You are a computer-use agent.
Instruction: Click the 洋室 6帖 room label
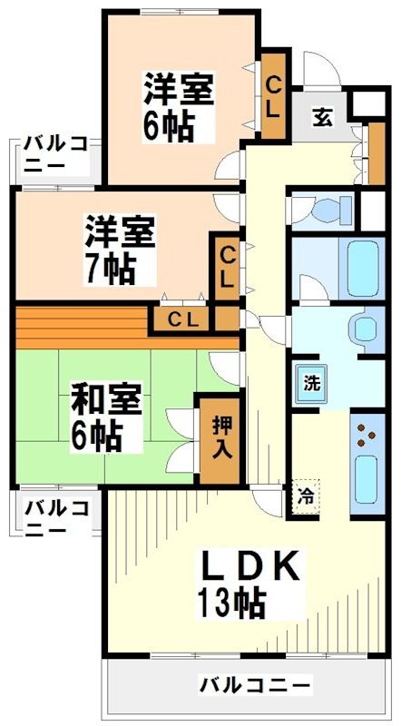(178, 107)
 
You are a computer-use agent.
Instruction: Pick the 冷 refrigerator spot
(305, 497)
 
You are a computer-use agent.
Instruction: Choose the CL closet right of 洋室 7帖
(227, 266)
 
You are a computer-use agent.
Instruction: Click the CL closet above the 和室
(182, 319)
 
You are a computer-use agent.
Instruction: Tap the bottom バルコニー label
(255, 683)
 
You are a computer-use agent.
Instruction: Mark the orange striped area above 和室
(82, 323)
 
